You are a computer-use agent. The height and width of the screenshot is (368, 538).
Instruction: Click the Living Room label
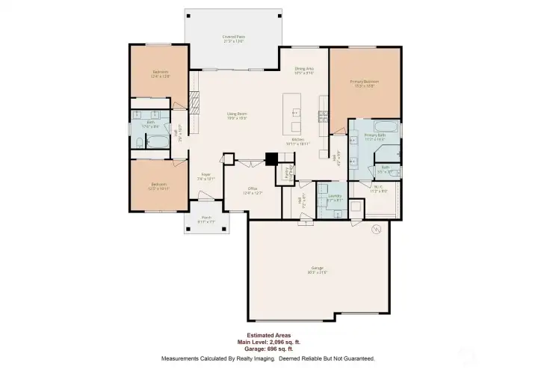click(237, 116)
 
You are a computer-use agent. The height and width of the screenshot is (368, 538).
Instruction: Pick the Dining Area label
click(303, 70)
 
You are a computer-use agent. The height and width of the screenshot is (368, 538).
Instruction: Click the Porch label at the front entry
click(205, 220)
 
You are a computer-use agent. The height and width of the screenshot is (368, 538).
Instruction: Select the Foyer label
click(205, 177)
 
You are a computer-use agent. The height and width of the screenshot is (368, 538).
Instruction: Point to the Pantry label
click(285, 174)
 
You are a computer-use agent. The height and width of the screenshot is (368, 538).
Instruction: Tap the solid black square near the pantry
click(272, 159)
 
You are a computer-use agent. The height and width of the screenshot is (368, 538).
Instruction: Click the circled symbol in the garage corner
click(377, 228)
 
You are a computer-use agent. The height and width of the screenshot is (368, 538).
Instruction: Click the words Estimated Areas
click(268, 335)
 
